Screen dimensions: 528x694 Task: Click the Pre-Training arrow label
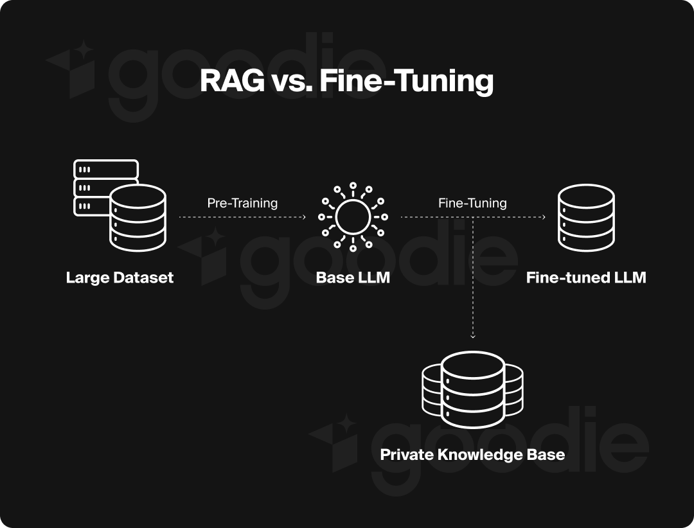coord(242,203)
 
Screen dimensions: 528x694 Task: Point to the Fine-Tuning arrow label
coord(472,203)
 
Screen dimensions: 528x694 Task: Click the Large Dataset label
coord(120,278)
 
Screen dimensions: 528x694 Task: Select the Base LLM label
coord(353,278)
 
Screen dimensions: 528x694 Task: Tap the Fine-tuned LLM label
coord(586,278)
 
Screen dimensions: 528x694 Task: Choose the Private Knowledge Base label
coord(472,455)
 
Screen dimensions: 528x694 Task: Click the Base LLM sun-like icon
coord(353,217)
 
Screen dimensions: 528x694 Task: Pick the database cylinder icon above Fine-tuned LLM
coord(586,217)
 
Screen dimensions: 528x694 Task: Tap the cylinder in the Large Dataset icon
coord(138,218)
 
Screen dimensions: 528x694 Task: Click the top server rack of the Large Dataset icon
coord(106,169)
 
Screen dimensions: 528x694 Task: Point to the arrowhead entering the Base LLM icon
coord(303,218)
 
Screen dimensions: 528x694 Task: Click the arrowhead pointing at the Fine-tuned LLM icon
coord(544,218)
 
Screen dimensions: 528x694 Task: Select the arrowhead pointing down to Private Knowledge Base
coord(473,335)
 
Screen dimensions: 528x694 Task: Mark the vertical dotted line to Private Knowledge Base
coord(473,276)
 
